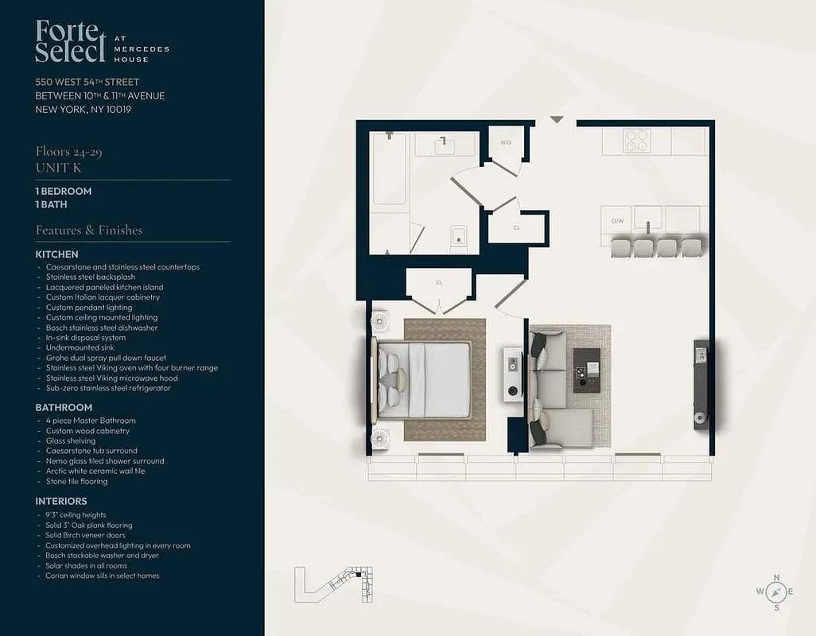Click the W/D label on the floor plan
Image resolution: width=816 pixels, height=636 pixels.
505,142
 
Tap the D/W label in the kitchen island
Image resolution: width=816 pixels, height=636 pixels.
616,220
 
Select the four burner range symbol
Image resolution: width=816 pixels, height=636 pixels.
637,141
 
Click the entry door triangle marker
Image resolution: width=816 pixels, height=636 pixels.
557,120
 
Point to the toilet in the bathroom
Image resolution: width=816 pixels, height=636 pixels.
459,238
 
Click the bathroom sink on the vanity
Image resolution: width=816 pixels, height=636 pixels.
445,145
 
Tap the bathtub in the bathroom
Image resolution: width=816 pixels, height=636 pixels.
390,169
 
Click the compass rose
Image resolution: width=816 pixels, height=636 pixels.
777,592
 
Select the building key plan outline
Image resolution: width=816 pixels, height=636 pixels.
334,584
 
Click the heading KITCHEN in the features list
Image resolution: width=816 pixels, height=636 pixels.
56,254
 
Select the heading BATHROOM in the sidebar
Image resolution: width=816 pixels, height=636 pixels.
64,408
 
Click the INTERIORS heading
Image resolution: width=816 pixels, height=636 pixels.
61,502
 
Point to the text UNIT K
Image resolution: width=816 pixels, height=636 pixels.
58,168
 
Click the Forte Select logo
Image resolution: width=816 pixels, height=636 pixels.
71,41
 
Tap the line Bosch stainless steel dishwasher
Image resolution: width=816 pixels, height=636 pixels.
102,328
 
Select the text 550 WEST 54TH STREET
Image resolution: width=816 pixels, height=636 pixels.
87,82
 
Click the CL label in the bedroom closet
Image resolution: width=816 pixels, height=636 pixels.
439,281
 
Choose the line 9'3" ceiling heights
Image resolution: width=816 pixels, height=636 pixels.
76,515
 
